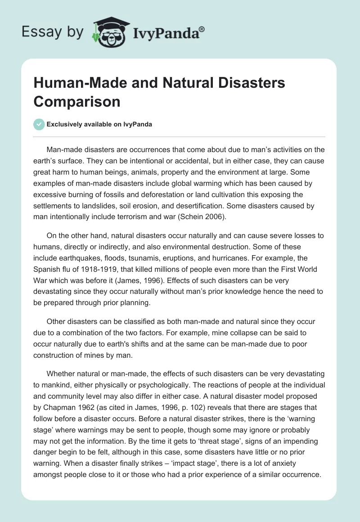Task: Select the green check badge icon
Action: (x=39, y=124)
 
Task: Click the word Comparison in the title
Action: (x=77, y=101)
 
